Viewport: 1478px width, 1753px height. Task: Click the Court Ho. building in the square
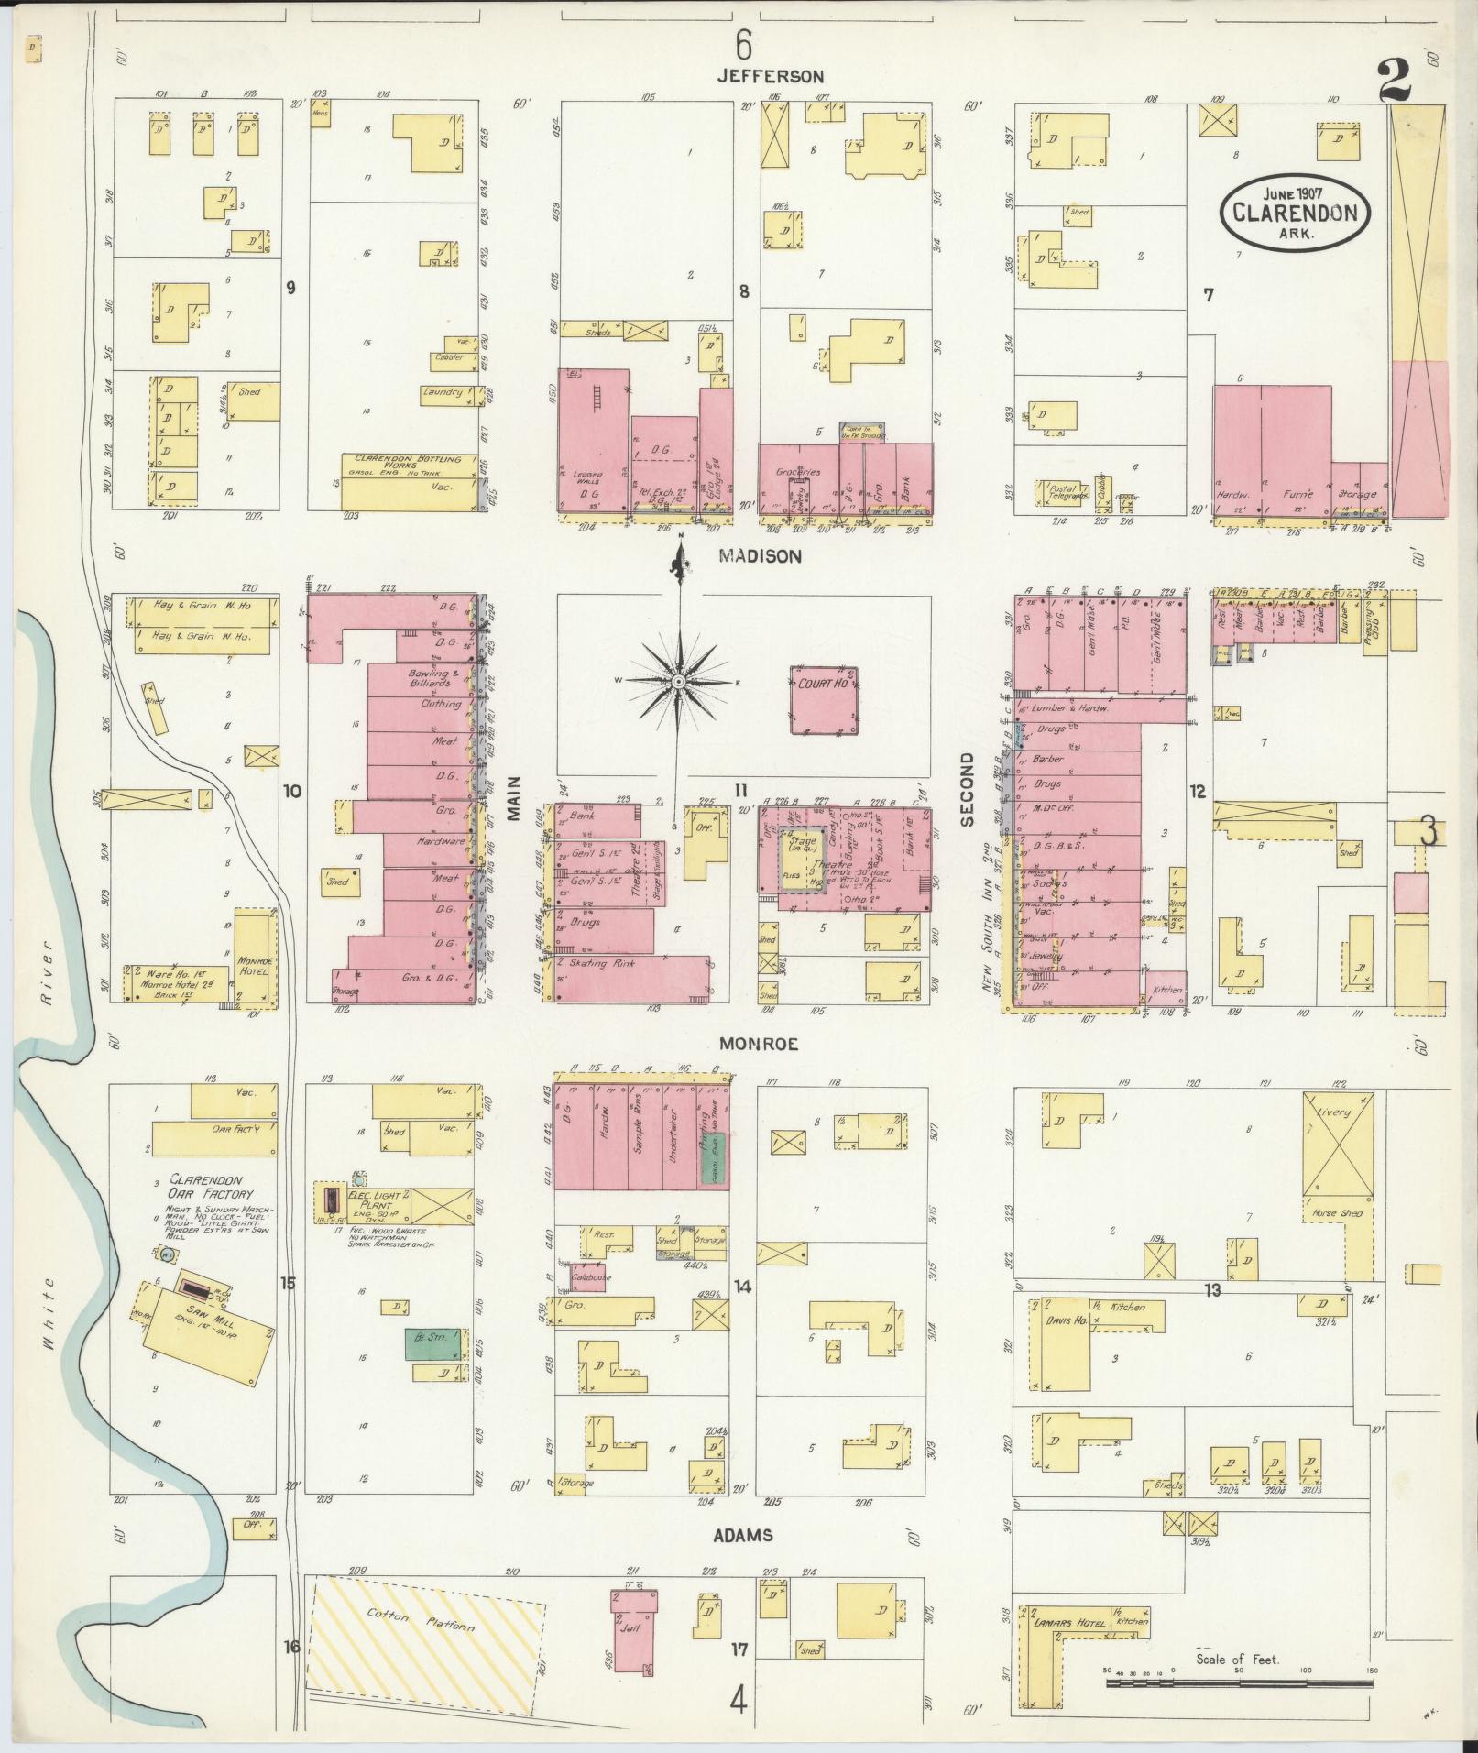click(x=824, y=699)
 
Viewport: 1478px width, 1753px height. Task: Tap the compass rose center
click(x=678, y=683)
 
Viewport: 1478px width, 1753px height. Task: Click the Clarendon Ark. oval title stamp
click(x=1294, y=213)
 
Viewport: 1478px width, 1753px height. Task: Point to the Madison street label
click(x=760, y=556)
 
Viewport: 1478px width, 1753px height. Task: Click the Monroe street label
click(x=759, y=1044)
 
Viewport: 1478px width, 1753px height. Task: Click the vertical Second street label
click(x=968, y=790)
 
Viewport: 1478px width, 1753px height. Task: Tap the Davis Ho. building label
click(x=1064, y=1320)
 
